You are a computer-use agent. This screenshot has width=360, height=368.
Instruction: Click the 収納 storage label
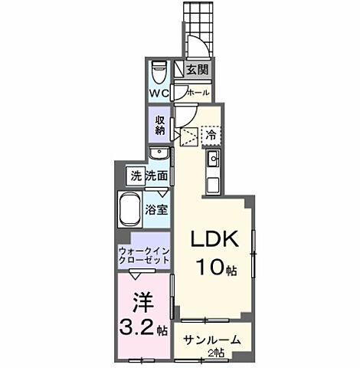coord(160,123)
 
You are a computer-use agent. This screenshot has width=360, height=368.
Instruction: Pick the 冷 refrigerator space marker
coord(211,133)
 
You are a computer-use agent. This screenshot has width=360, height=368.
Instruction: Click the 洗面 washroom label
coord(157,175)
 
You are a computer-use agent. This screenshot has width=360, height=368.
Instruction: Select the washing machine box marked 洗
coord(135,175)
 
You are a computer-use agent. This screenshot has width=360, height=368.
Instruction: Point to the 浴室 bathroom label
coord(158,208)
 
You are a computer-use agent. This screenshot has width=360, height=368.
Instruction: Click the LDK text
coord(214,239)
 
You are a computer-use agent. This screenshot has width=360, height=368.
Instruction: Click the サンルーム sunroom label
coord(211,340)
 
